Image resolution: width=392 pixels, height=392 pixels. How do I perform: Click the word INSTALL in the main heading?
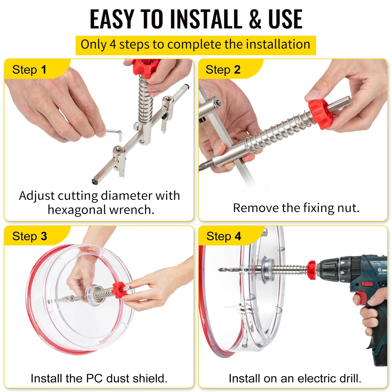pyautogui.click(x=206, y=19)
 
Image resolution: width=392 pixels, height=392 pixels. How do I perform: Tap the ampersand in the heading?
pyautogui.click(x=255, y=19)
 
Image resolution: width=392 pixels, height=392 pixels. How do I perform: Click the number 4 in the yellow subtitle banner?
pyautogui.click(x=113, y=44)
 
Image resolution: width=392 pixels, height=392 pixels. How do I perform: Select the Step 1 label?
pyautogui.click(x=29, y=70)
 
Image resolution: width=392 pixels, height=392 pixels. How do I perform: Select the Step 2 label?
pyautogui.click(x=223, y=70)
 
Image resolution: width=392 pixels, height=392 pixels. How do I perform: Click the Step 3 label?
pyautogui.click(x=30, y=236)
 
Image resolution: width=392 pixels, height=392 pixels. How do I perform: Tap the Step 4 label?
pyautogui.click(x=224, y=236)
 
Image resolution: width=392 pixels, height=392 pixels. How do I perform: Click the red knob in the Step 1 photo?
pyautogui.click(x=146, y=66)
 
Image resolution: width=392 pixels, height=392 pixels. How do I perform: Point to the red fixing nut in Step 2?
pyautogui.click(x=320, y=114)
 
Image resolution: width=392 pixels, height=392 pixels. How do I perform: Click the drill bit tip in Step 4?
pyautogui.click(x=221, y=269)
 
